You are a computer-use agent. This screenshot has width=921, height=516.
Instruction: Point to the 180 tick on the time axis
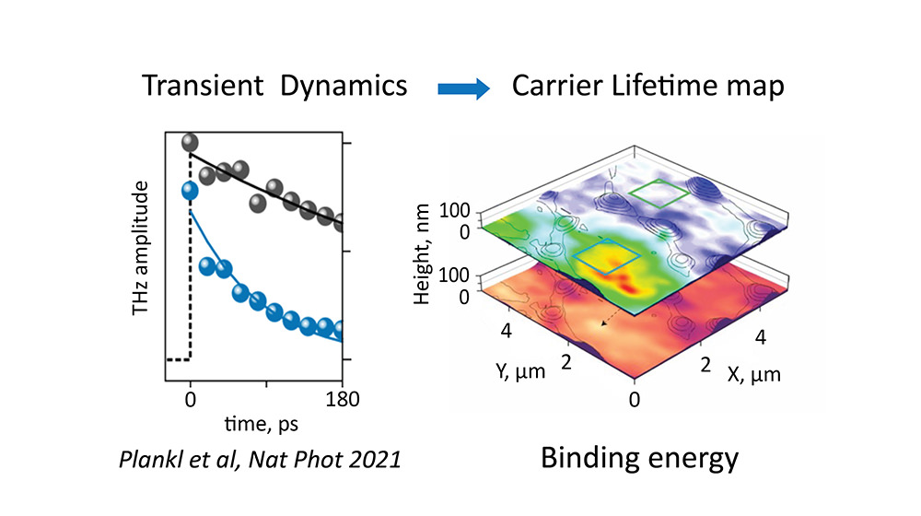coord(343,400)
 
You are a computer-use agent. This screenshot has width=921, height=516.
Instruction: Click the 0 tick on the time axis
coord(191,400)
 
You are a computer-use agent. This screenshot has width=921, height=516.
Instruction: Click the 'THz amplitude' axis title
coord(141,249)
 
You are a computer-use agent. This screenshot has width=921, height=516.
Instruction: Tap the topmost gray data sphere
coord(191,142)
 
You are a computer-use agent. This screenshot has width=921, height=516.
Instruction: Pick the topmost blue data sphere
coord(191,191)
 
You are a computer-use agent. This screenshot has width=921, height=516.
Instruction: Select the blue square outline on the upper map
coord(606,260)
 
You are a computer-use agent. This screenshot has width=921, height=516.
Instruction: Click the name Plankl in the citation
coord(152,458)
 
